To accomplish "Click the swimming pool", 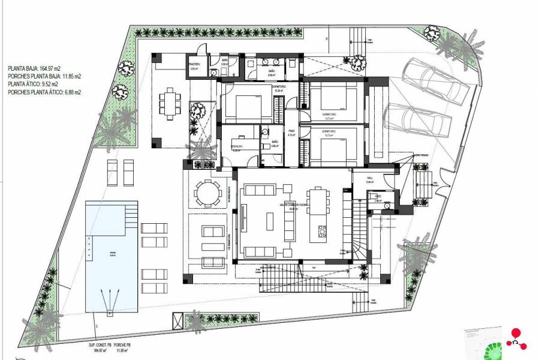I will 110,264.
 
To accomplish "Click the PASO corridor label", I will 292,133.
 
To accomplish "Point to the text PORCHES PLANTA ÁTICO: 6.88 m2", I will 44,93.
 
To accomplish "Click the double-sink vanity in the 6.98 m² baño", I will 270,62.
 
